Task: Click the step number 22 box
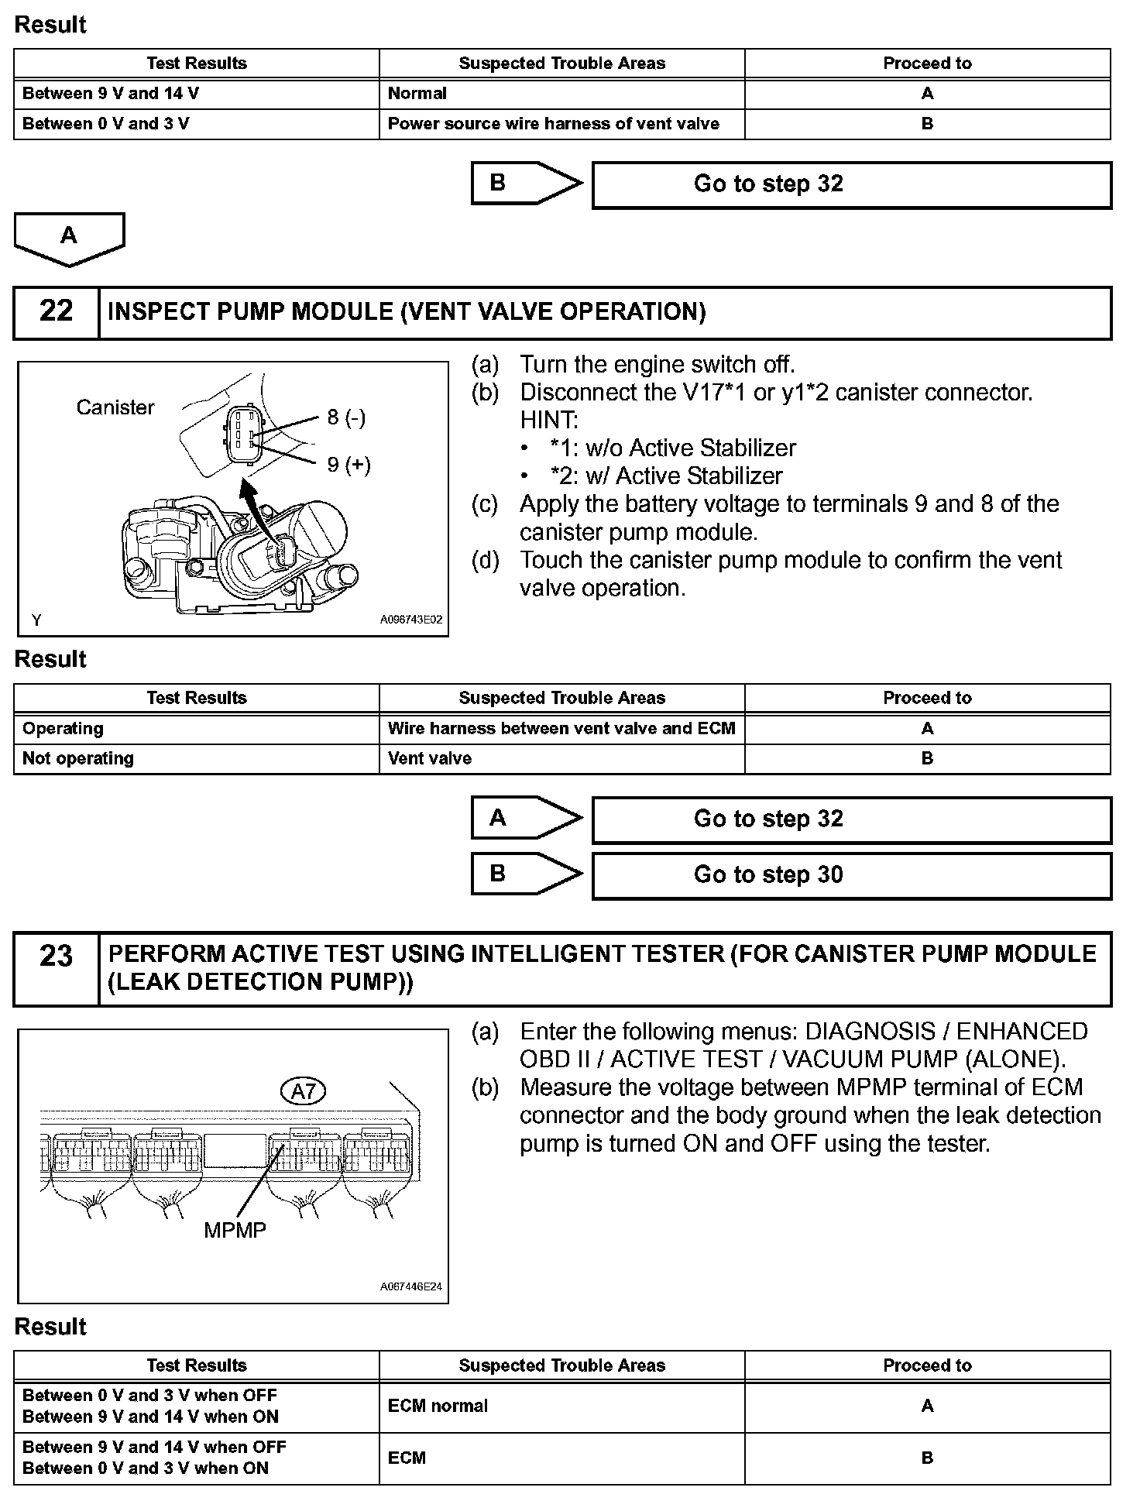[56, 312]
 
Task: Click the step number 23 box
[56, 968]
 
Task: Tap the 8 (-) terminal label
[345, 417]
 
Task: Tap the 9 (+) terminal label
[349, 464]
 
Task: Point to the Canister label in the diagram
[115, 407]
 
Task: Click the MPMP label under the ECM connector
[235, 1229]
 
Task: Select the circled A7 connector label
[303, 1092]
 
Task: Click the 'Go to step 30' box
[851, 875]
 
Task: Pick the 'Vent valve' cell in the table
[561, 759]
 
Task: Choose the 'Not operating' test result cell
[197, 759]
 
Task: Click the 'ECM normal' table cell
[561, 1406]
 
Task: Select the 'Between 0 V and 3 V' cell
[197, 124]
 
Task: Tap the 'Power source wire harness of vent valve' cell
[561, 124]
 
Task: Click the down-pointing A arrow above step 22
[69, 239]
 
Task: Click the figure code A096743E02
[411, 620]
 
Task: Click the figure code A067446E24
[411, 1286]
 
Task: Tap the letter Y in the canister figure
[36, 620]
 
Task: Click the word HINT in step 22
[548, 420]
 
